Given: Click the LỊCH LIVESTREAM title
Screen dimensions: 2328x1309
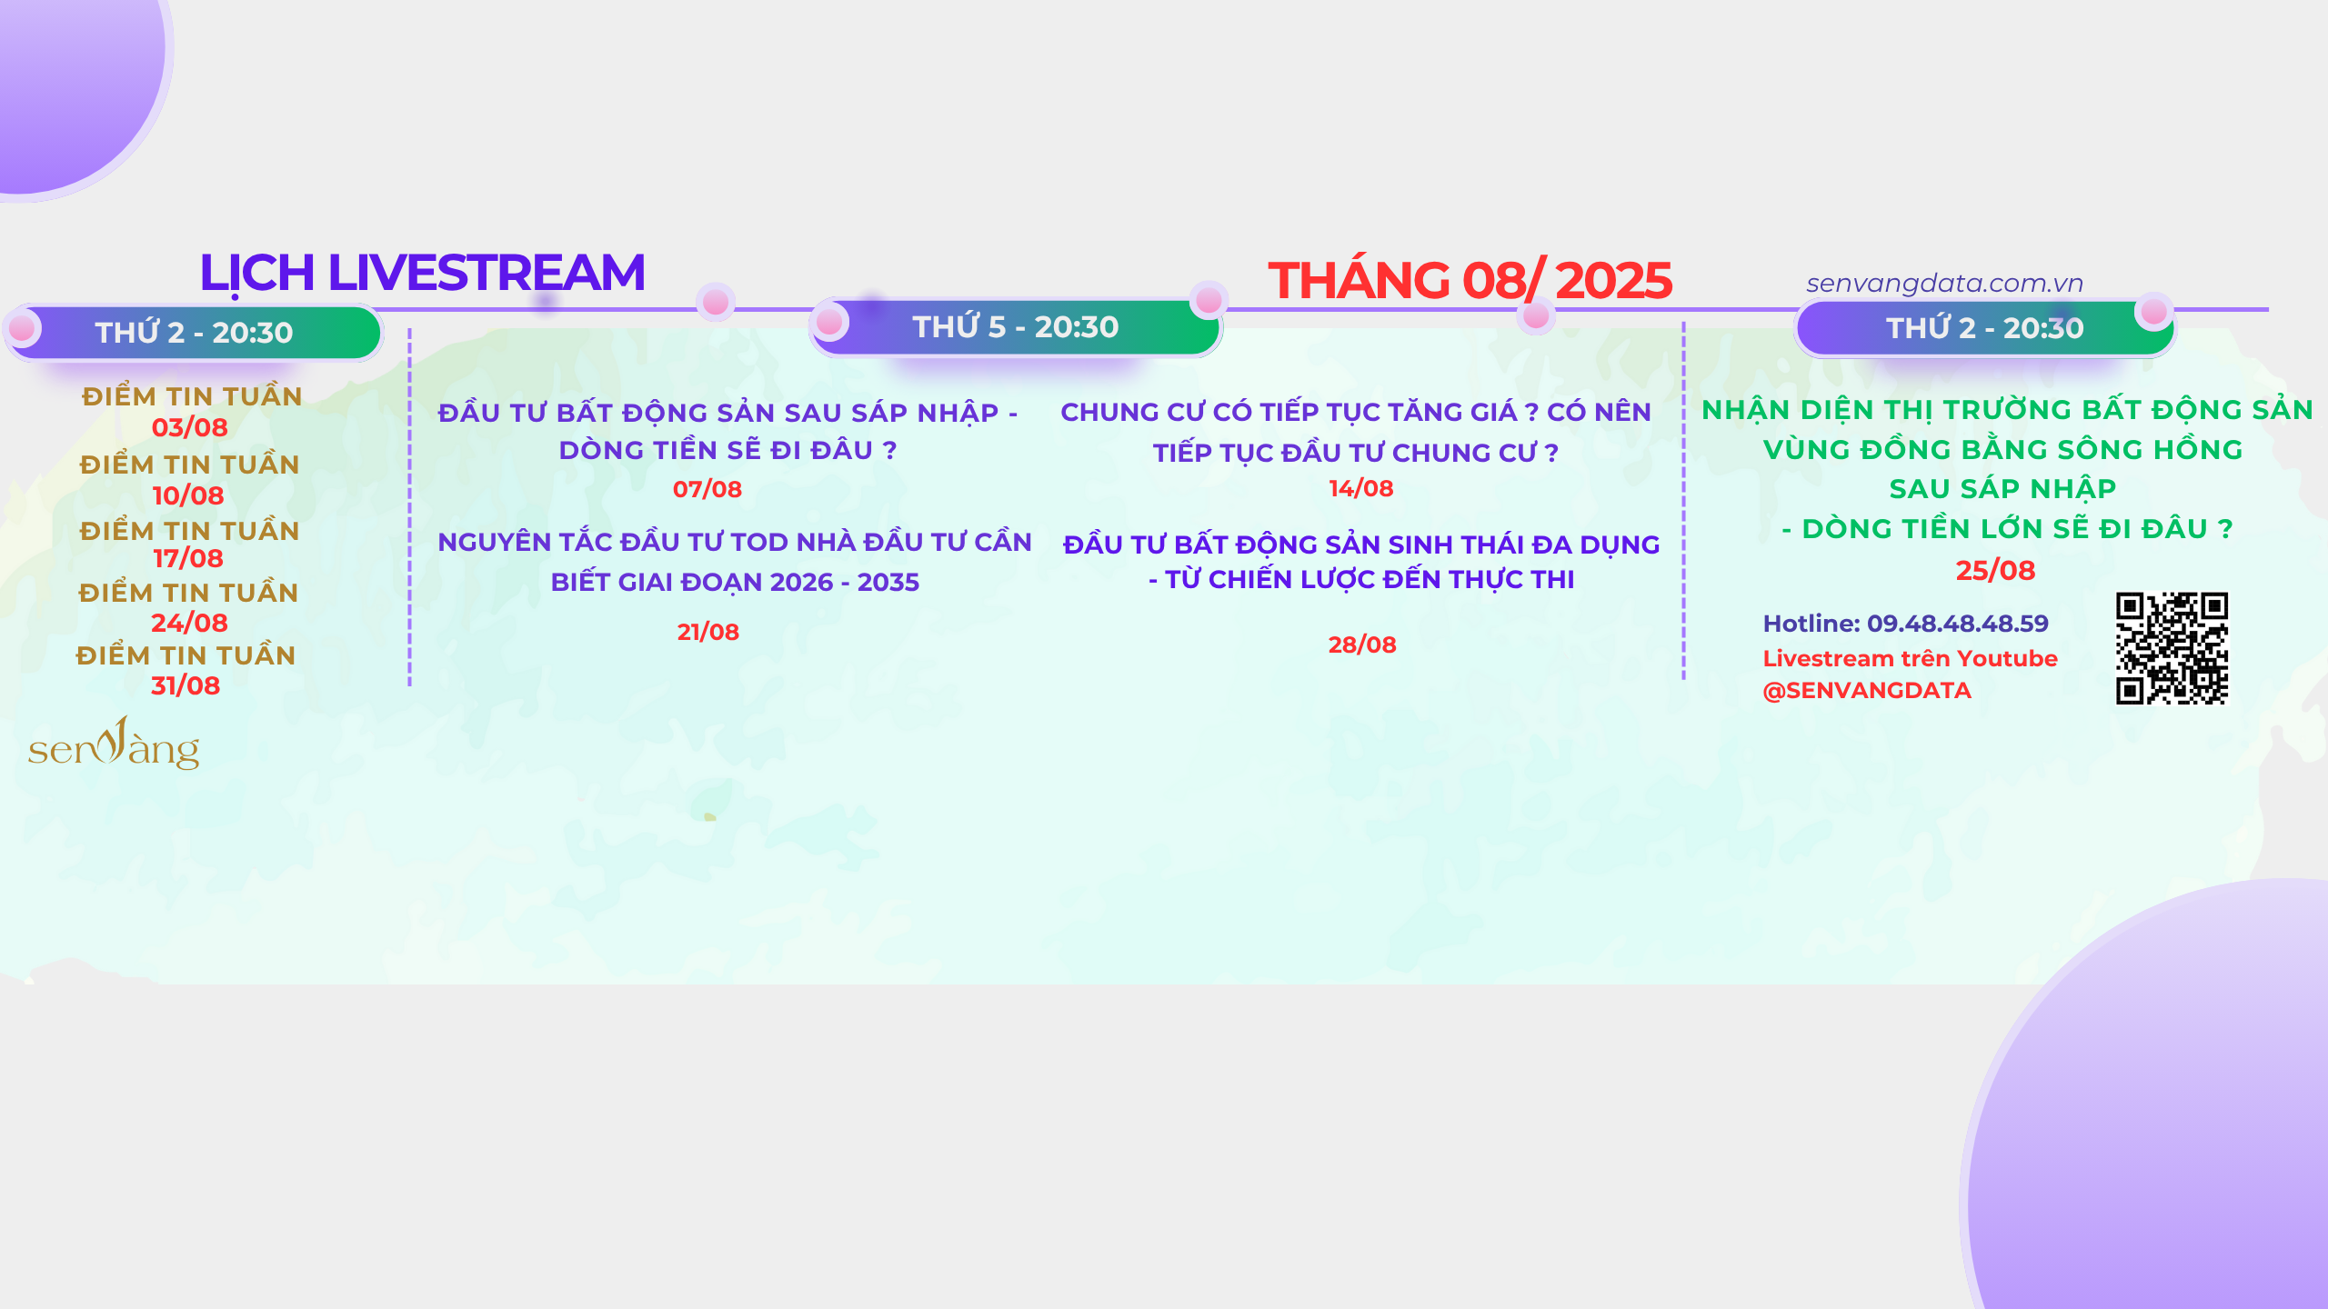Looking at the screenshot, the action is (x=422, y=273).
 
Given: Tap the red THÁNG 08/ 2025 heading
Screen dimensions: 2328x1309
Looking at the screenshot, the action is (x=1470, y=279).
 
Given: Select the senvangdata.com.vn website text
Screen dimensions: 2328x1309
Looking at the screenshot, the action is (x=1944, y=284).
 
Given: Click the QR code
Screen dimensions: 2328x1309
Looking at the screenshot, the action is (x=2172, y=648).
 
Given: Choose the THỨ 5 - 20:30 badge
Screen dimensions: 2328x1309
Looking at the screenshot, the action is (x=1015, y=326).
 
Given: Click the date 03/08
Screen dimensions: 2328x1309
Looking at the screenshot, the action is (x=189, y=427).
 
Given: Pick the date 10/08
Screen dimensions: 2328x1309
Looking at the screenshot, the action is (x=188, y=495).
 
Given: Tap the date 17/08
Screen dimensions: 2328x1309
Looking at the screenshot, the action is (x=188, y=558).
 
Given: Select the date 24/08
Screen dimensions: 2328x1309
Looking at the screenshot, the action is (x=189, y=623).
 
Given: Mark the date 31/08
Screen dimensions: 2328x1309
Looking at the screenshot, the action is (x=186, y=685).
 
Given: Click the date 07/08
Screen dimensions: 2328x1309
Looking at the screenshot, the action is (x=707, y=489).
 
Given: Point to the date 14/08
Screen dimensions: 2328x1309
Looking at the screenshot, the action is (x=1361, y=488).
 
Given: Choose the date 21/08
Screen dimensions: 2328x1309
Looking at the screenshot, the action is (x=708, y=632).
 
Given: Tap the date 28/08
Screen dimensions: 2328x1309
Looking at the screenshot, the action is (x=1362, y=645).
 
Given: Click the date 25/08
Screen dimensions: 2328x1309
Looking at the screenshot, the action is (x=1995, y=570).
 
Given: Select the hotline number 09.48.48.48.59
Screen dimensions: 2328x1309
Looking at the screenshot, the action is (x=1958, y=624).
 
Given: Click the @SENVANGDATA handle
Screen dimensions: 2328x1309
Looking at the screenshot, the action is (x=1867, y=690).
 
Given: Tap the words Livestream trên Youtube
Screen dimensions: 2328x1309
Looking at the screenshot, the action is (x=1910, y=658).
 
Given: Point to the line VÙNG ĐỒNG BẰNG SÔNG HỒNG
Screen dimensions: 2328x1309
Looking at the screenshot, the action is (x=2003, y=449).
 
